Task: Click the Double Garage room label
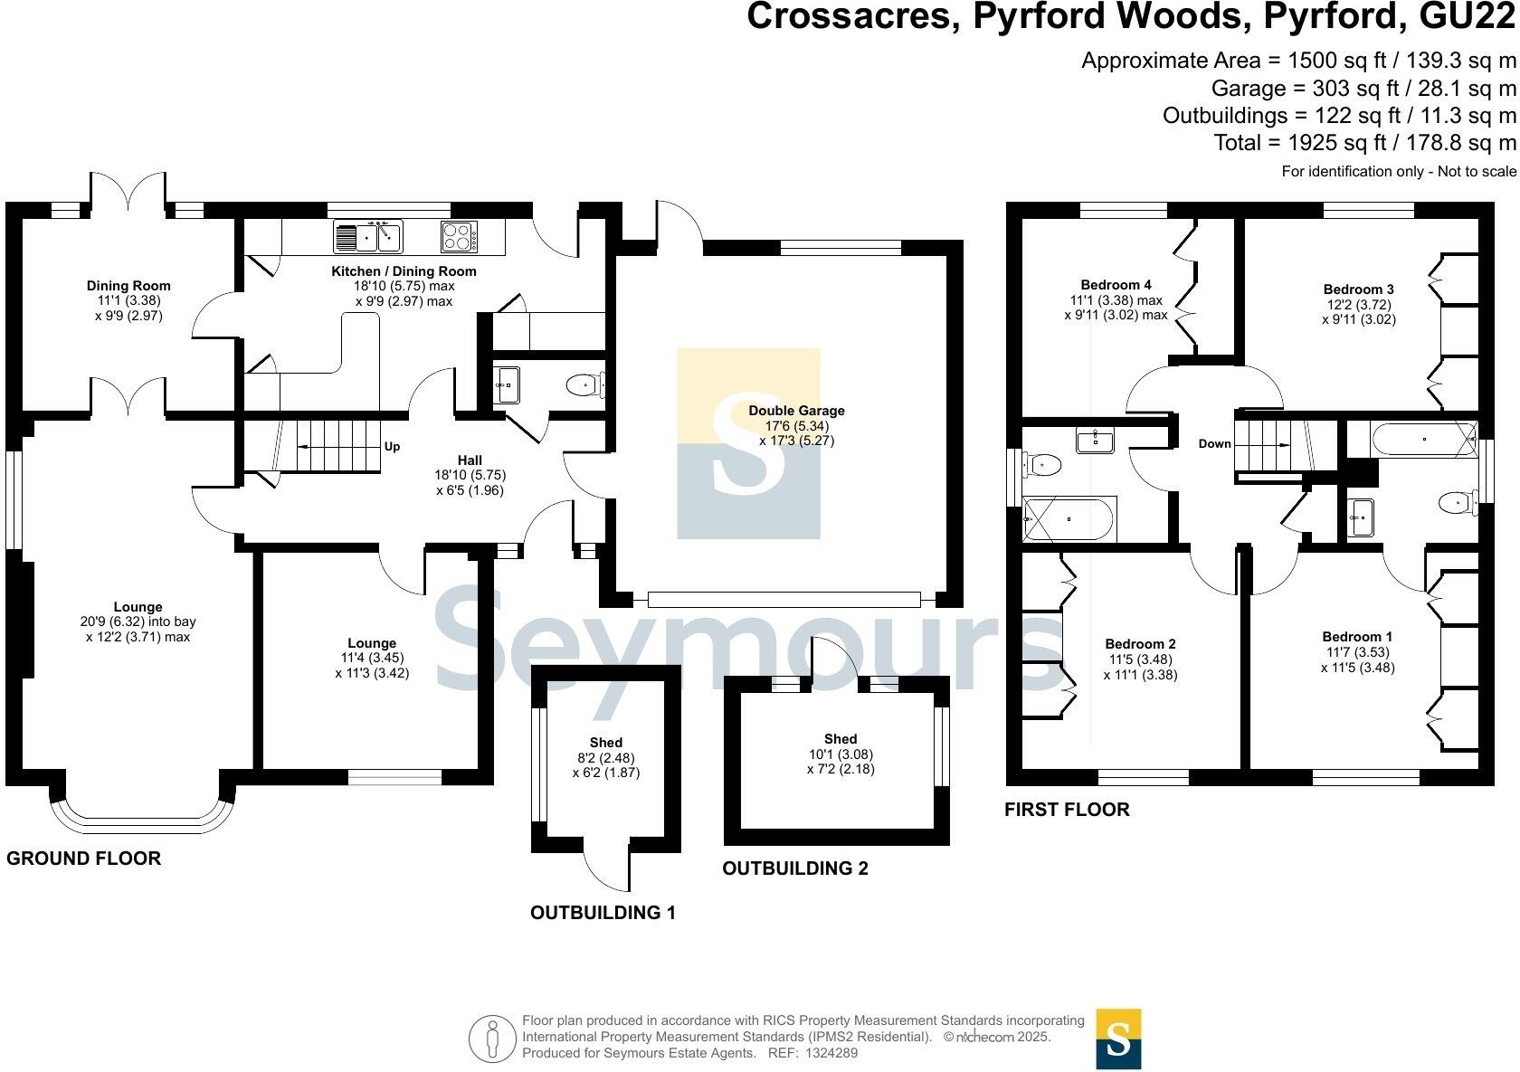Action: pyautogui.click(x=796, y=411)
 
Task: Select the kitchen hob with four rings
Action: pyautogui.click(x=459, y=237)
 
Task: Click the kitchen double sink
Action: pyautogui.click(x=368, y=237)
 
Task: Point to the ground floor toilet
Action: pyautogui.click(x=584, y=386)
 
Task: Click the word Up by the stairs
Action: pyautogui.click(x=392, y=447)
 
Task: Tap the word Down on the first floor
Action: pyautogui.click(x=1214, y=443)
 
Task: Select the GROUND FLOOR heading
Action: pyautogui.click(x=83, y=859)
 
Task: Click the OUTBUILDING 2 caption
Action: pyautogui.click(x=794, y=868)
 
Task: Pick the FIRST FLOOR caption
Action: pyautogui.click(x=1067, y=810)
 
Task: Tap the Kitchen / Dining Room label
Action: pyautogui.click(x=404, y=271)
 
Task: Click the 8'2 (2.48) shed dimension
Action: pyautogui.click(x=605, y=758)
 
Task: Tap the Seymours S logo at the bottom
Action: pyautogui.click(x=1118, y=1039)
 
